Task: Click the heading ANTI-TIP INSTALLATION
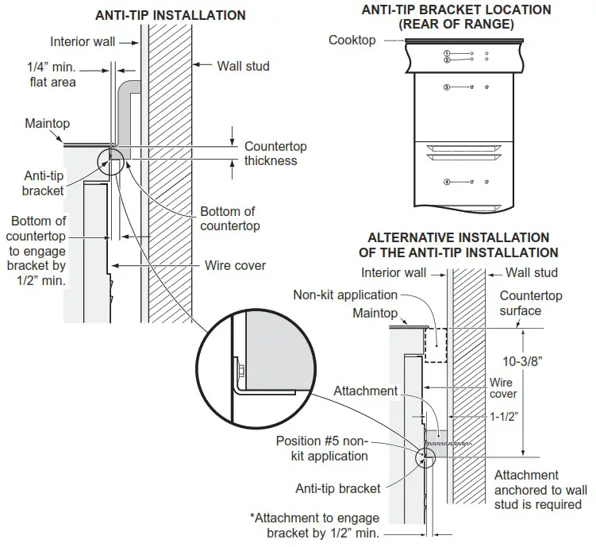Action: click(170, 15)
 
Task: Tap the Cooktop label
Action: click(352, 40)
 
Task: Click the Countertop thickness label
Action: click(275, 154)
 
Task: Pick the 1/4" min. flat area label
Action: click(52, 75)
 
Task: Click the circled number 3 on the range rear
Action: click(447, 87)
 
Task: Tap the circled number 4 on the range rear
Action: click(447, 182)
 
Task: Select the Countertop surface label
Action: click(530, 303)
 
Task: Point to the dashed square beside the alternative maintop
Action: click(436, 346)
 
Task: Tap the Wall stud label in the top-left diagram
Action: click(243, 66)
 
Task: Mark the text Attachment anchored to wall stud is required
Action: click(538, 490)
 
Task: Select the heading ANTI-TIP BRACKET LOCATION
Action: click(456, 10)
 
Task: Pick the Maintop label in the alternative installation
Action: click(375, 314)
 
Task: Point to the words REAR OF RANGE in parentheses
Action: click(456, 24)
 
